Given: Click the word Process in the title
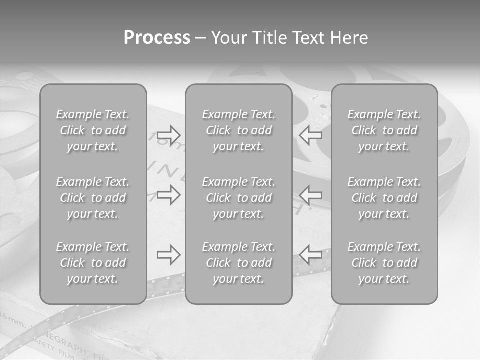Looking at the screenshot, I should click(157, 38).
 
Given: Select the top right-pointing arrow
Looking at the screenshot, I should click(168, 134).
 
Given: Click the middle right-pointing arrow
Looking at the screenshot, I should click(168, 194).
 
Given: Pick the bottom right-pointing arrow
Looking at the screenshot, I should click(168, 254).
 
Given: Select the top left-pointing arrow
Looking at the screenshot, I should click(311, 134).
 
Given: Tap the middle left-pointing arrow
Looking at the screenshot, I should click(311, 194).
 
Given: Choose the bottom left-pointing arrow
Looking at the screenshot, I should click(311, 254).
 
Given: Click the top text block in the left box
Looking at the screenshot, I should click(93, 130).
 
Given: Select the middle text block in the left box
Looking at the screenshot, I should click(93, 198).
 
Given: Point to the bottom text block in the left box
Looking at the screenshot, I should click(93, 263).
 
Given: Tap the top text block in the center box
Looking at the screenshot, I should click(238, 130).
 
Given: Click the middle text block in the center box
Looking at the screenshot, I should click(238, 198).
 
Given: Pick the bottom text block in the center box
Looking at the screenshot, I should click(238, 263).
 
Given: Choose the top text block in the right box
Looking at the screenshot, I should click(384, 130).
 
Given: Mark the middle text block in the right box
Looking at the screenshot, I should click(384, 198).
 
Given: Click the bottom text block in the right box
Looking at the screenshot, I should click(384, 263).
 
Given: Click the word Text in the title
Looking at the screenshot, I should click(308, 38).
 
